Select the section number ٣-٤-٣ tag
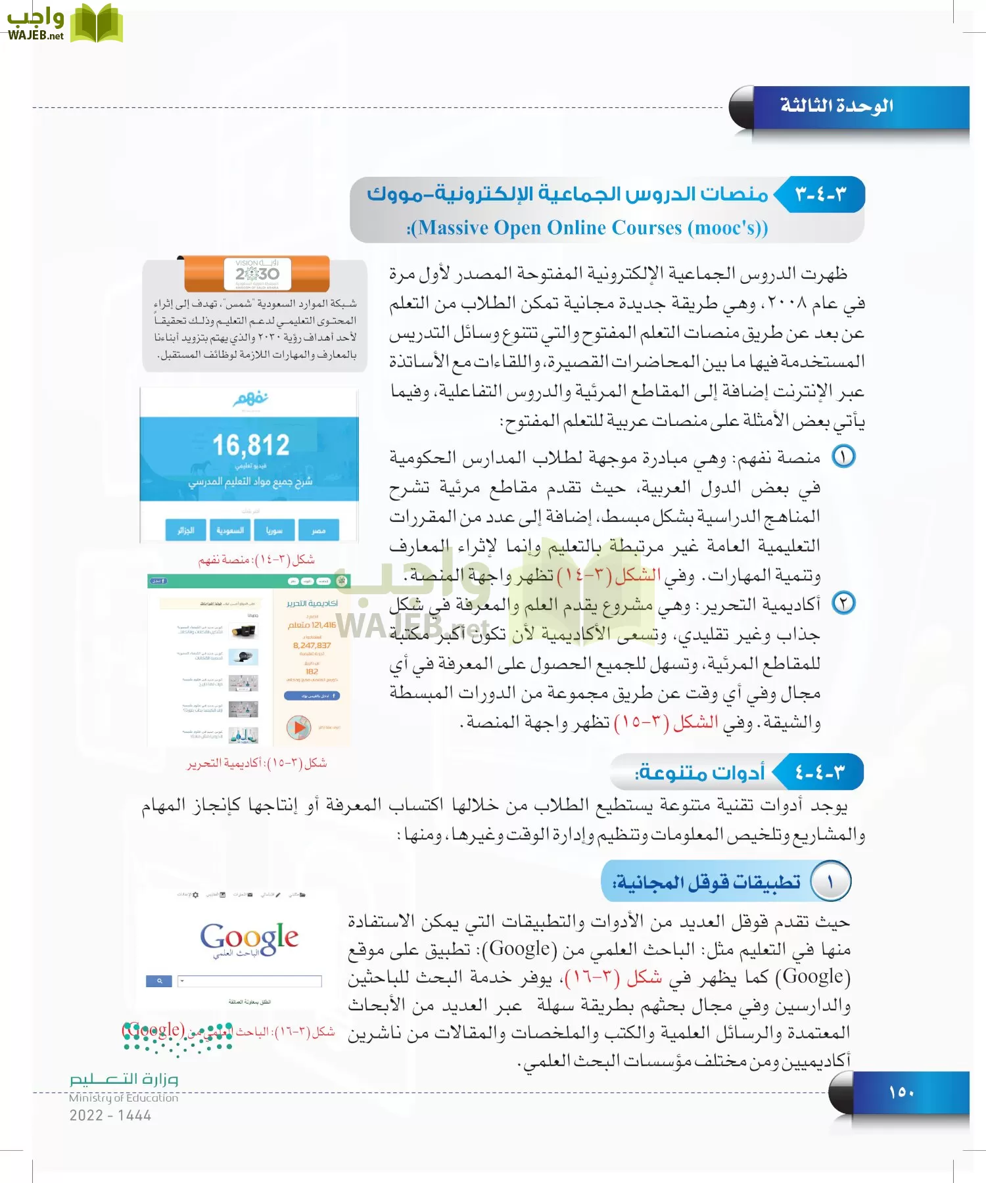pyautogui.click(x=821, y=195)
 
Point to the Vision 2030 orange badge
pyautogui.click(x=257, y=273)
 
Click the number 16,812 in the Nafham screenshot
pyautogui.click(x=250, y=446)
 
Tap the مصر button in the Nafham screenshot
pyautogui.click(x=319, y=530)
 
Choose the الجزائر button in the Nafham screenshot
pyautogui.click(x=186, y=530)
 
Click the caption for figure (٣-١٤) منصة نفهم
pyautogui.click(x=256, y=560)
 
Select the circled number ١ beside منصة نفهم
pyautogui.click(x=843, y=456)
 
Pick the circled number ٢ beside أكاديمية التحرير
pyautogui.click(x=843, y=603)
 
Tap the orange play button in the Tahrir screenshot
pyautogui.click(x=298, y=727)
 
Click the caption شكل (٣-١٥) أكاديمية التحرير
pyautogui.click(x=257, y=763)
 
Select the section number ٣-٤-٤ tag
pyautogui.click(x=820, y=772)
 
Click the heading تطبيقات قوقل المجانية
pyautogui.click(x=707, y=881)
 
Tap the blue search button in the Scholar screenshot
pyautogui.click(x=159, y=981)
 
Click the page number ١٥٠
pyautogui.click(x=901, y=1092)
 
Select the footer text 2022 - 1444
pyautogui.click(x=110, y=1115)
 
